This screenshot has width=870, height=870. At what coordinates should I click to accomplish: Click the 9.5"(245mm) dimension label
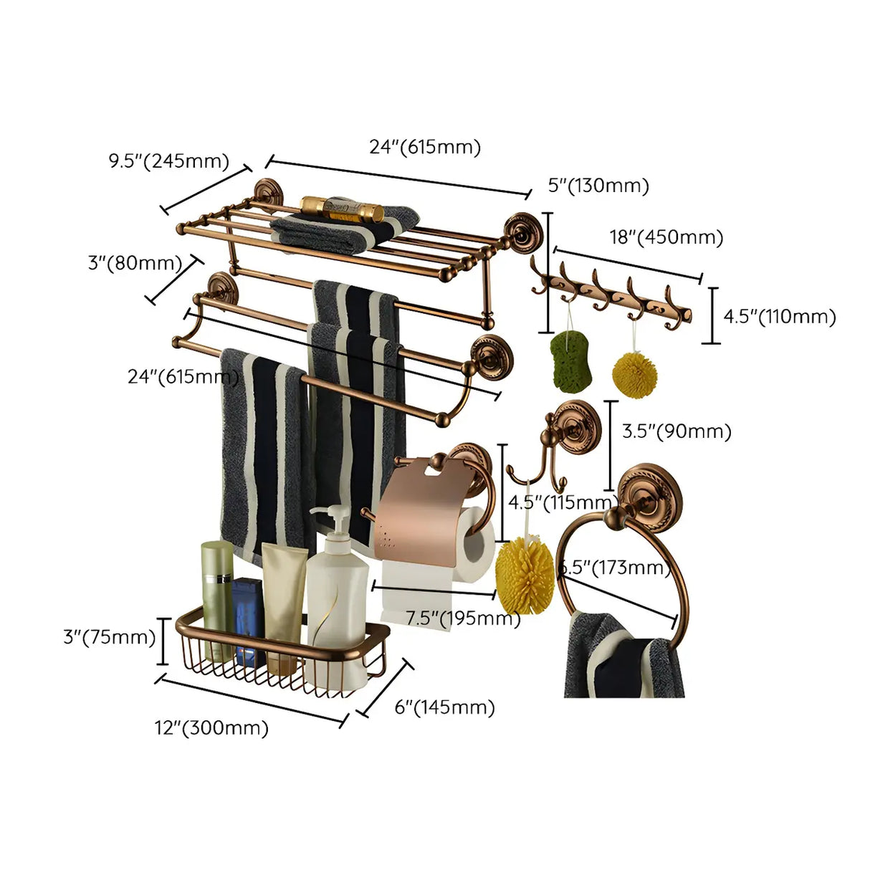pyautogui.click(x=168, y=161)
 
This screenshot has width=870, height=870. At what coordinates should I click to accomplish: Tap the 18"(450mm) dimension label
pyautogui.click(x=666, y=236)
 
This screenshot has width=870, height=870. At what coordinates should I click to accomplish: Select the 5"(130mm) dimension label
pyautogui.click(x=598, y=186)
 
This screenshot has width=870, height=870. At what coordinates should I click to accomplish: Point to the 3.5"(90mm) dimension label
pyautogui.click(x=677, y=431)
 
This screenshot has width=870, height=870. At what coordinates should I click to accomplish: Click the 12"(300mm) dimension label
pyautogui.click(x=211, y=728)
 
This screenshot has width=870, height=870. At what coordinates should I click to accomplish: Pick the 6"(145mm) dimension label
pyautogui.click(x=444, y=707)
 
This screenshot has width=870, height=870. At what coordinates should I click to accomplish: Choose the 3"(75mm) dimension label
pyautogui.click(x=109, y=636)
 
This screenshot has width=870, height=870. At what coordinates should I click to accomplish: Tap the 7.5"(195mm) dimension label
pyautogui.click(x=463, y=618)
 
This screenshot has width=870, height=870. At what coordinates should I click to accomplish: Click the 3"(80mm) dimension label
pyautogui.click(x=135, y=263)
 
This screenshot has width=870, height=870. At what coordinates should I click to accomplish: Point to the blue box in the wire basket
pyautogui.click(x=249, y=620)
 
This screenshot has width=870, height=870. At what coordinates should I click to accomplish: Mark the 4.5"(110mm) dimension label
pyautogui.click(x=779, y=316)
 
